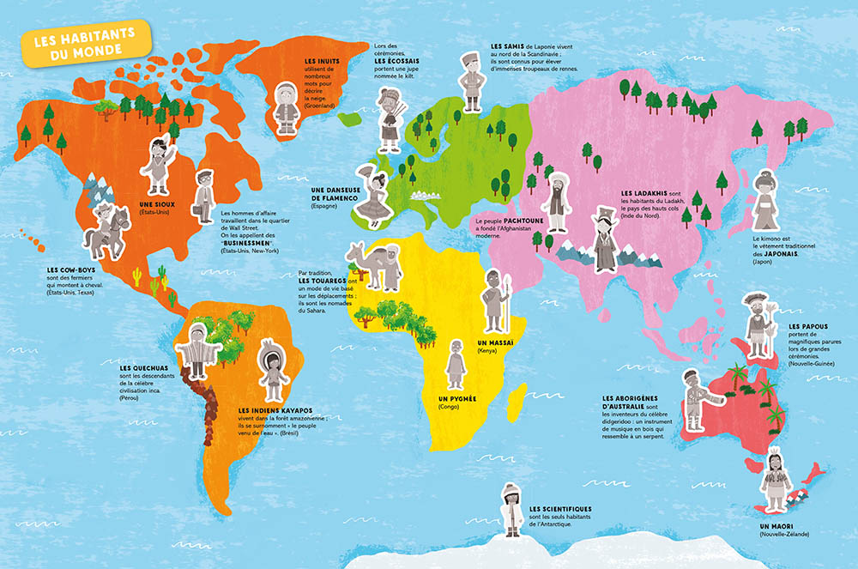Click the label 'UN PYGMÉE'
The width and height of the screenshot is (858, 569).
point(456,399)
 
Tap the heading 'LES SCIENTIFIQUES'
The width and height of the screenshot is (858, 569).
point(561,509)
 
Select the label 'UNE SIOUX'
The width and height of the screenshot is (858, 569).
point(157,203)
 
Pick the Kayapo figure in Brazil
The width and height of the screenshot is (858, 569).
point(271,373)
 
